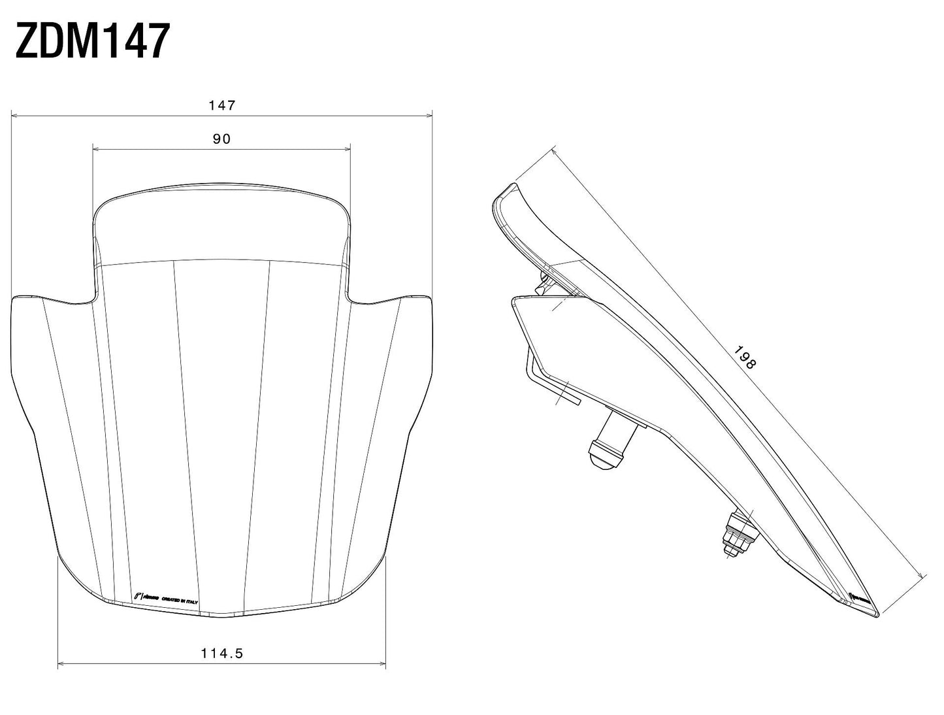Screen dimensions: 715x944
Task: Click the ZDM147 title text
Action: point(92,41)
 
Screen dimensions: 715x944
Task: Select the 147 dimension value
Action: point(221,105)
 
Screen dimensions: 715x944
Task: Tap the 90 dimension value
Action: point(221,139)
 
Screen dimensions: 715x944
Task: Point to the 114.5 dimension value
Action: point(221,652)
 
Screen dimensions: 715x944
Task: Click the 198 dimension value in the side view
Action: point(744,357)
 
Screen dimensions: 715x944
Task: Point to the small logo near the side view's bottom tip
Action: point(857,597)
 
